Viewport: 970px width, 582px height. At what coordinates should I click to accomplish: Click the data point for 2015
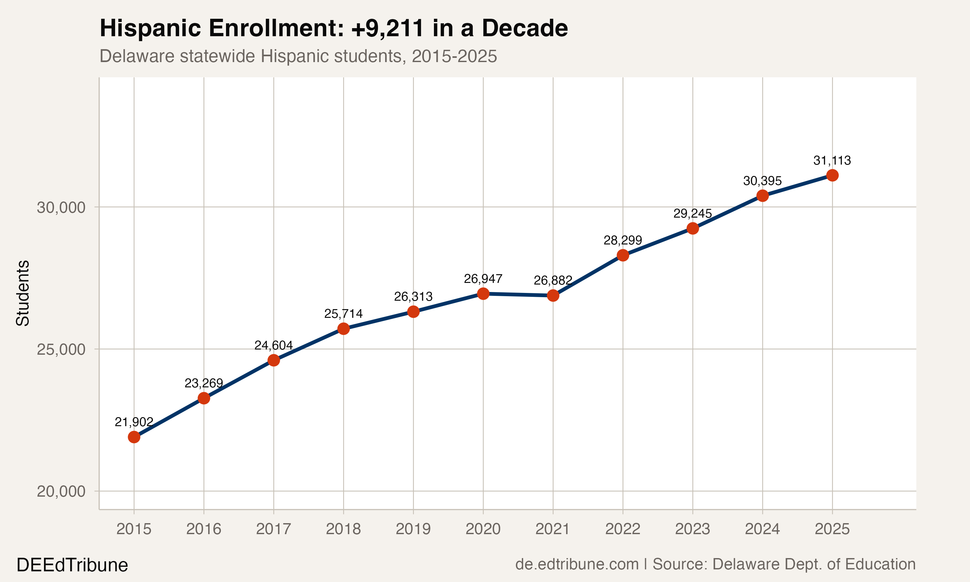pos(134,436)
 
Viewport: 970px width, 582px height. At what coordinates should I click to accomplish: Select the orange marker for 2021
pos(553,295)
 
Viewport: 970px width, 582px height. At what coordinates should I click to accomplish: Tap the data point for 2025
pos(832,175)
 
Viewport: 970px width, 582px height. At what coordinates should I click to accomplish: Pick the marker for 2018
pos(343,328)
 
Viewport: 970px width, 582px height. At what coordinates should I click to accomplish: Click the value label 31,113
pos(832,160)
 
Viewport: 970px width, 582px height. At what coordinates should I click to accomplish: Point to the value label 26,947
pos(483,279)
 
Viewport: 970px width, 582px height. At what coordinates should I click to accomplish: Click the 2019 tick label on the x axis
pos(413,529)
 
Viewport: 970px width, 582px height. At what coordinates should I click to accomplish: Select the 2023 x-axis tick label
pos(692,529)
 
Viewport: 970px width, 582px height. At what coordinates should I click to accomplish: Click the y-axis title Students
pos(23,293)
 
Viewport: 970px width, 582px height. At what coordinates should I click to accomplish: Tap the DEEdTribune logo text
pos(72,565)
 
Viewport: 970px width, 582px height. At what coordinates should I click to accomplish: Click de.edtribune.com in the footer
pos(577,564)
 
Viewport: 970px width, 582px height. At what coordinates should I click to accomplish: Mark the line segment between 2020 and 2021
pos(518,295)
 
